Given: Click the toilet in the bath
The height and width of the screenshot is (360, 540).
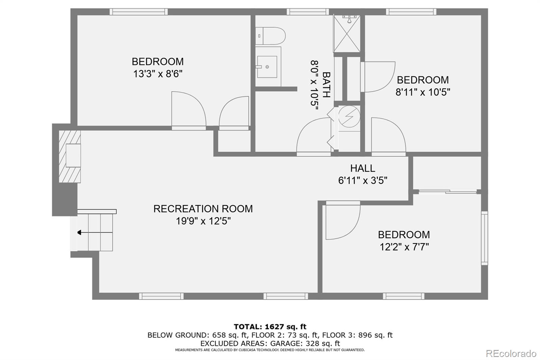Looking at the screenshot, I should click(x=271, y=36).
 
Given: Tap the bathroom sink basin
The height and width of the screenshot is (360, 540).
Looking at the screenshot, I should click(x=267, y=67).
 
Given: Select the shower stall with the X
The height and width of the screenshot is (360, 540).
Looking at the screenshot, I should click(x=347, y=34).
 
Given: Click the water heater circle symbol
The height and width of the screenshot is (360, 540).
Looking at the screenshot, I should click(x=349, y=117).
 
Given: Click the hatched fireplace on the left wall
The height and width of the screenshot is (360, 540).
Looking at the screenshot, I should click(x=70, y=156).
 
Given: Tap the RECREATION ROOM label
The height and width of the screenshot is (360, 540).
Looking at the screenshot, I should click(x=203, y=209).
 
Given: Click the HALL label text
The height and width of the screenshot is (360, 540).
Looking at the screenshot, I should click(x=362, y=168).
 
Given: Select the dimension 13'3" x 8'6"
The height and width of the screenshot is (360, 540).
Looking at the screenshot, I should click(x=158, y=74).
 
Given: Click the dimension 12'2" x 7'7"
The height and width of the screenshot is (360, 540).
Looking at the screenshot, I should click(x=404, y=247).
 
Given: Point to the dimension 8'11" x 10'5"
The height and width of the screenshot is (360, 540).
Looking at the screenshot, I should click(x=423, y=92).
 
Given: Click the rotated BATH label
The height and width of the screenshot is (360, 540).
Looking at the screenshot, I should click(x=326, y=84).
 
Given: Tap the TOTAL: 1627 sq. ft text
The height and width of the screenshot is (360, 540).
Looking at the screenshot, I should click(x=270, y=327).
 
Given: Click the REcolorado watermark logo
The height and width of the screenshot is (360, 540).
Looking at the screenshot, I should click(x=511, y=354).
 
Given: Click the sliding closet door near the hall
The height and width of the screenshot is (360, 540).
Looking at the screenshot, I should click(x=448, y=192).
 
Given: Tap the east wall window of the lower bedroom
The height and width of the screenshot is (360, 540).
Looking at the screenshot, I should click(x=484, y=238).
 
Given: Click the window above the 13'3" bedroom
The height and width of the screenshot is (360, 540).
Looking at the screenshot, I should click(x=138, y=12).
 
